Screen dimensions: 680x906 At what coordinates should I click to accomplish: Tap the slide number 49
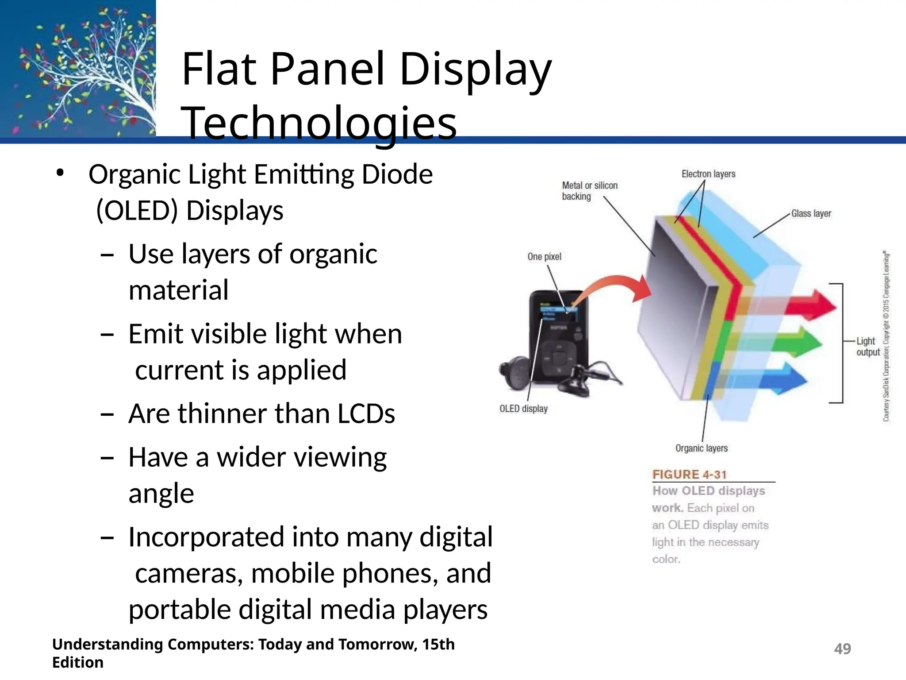click(842, 649)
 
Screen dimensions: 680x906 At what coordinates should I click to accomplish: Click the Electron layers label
click(708, 174)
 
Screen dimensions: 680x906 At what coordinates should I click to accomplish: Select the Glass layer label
click(811, 213)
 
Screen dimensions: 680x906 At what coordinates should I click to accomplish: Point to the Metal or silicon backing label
click(589, 191)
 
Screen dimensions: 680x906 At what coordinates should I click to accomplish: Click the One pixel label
click(544, 257)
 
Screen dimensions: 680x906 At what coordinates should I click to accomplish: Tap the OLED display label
click(523, 409)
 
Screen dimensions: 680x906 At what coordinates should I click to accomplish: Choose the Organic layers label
click(701, 448)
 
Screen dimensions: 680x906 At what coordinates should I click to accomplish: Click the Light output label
click(867, 347)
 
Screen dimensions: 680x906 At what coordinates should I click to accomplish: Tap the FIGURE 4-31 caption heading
click(689, 475)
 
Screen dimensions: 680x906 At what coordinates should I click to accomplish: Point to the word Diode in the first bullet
click(397, 174)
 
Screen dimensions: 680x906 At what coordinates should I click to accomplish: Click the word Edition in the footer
click(78, 662)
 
